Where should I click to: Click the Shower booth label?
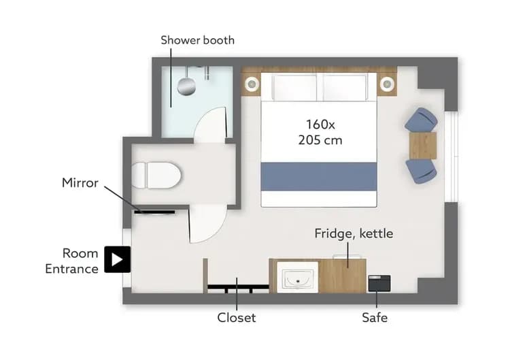click(x=197, y=40)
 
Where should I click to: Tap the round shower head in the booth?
click(x=185, y=86)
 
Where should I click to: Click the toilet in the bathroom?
click(x=156, y=176)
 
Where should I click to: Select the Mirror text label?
click(x=80, y=182)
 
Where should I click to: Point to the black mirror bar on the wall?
click(x=154, y=212)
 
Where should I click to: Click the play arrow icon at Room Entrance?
click(x=117, y=259)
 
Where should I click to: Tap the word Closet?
click(x=236, y=318)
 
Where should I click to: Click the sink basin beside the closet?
click(x=297, y=278)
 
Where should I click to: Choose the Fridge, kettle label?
click(x=353, y=234)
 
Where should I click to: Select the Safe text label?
click(x=375, y=318)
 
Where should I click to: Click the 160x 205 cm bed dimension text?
click(x=320, y=133)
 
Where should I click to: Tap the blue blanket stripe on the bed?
click(x=319, y=176)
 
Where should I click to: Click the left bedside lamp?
click(x=252, y=84)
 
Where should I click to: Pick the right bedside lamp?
click(x=387, y=84)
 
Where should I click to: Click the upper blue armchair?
click(x=421, y=120)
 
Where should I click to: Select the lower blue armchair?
click(x=421, y=169)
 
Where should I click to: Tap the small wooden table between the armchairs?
click(x=423, y=145)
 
